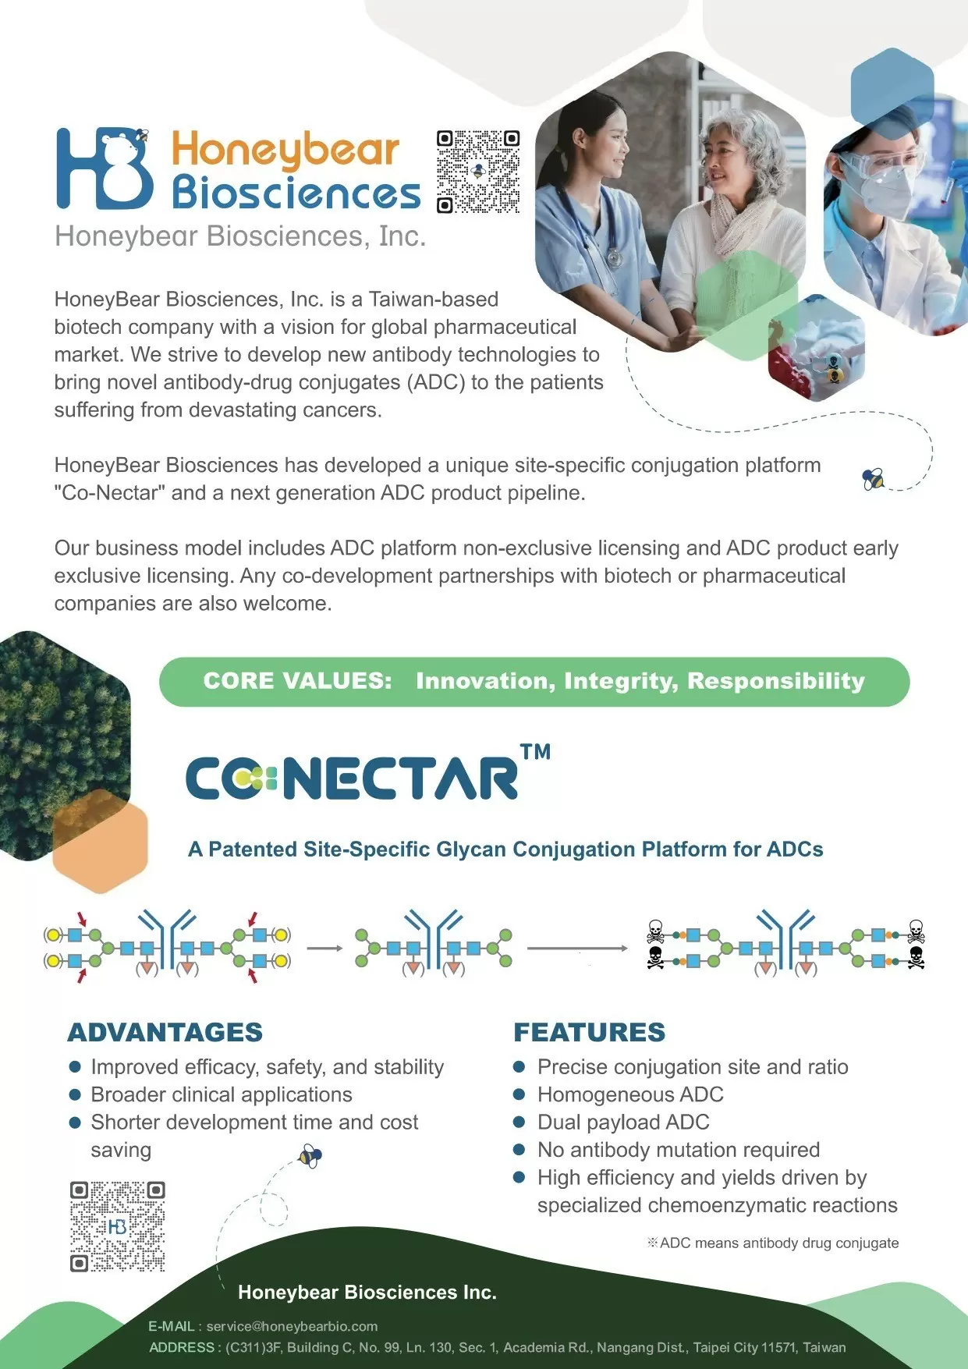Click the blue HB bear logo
pyautogui.click(x=104, y=168)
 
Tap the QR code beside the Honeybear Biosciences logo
pyautogui.click(x=478, y=172)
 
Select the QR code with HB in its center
pyautogui.click(x=118, y=1226)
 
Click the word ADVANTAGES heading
pyautogui.click(x=165, y=1032)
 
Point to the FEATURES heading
pyautogui.click(x=590, y=1032)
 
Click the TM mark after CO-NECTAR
pyautogui.click(x=535, y=751)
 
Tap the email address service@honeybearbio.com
pyautogui.click(x=292, y=1326)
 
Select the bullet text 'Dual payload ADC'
pyautogui.click(x=623, y=1122)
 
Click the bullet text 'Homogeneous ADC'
pyautogui.click(x=630, y=1094)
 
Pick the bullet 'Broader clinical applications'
pyautogui.click(x=222, y=1094)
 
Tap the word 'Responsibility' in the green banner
pyautogui.click(x=776, y=682)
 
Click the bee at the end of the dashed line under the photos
pyautogui.click(x=873, y=478)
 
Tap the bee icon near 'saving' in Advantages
pyautogui.click(x=310, y=1155)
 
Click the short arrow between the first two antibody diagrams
pyautogui.click(x=324, y=949)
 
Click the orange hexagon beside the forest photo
pyautogui.click(x=100, y=841)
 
